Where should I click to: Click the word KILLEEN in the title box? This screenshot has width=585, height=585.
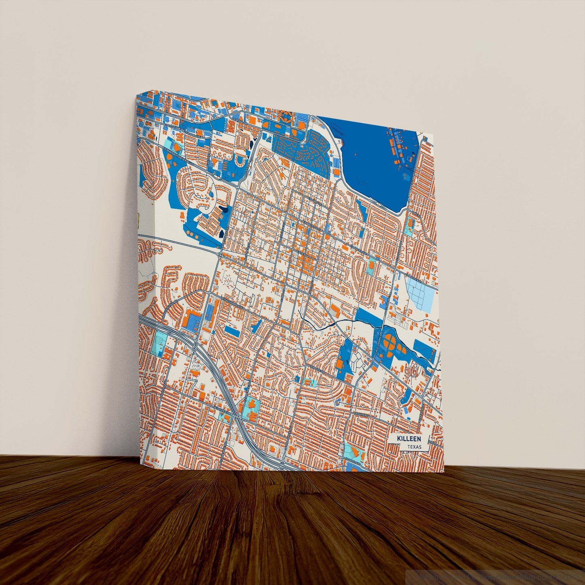pyautogui.click(x=409, y=439)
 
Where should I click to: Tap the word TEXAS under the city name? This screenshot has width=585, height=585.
pyautogui.click(x=414, y=447)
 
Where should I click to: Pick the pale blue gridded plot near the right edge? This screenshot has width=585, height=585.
pyautogui.click(x=421, y=293)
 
